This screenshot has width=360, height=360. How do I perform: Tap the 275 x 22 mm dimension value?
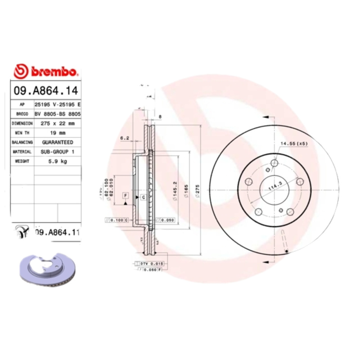click(57, 123)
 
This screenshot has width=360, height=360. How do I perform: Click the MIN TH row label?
click(22, 133)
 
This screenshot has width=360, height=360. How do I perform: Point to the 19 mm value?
click(57, 133)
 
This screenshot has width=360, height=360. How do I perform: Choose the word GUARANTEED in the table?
click(57, 142)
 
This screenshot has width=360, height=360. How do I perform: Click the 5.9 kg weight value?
click(57, 161)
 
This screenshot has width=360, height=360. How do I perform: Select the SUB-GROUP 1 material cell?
click(57, 152)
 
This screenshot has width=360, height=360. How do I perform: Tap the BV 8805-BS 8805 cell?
click(57, 113)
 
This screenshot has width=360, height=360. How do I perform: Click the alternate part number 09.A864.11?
click(57, 232)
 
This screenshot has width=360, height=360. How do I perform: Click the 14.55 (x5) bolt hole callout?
click(294, 144)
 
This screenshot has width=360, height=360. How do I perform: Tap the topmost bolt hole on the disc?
click(275, 163)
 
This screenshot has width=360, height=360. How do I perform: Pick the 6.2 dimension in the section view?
click(125, 138)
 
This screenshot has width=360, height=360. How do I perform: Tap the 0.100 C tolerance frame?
click(117, 220)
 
